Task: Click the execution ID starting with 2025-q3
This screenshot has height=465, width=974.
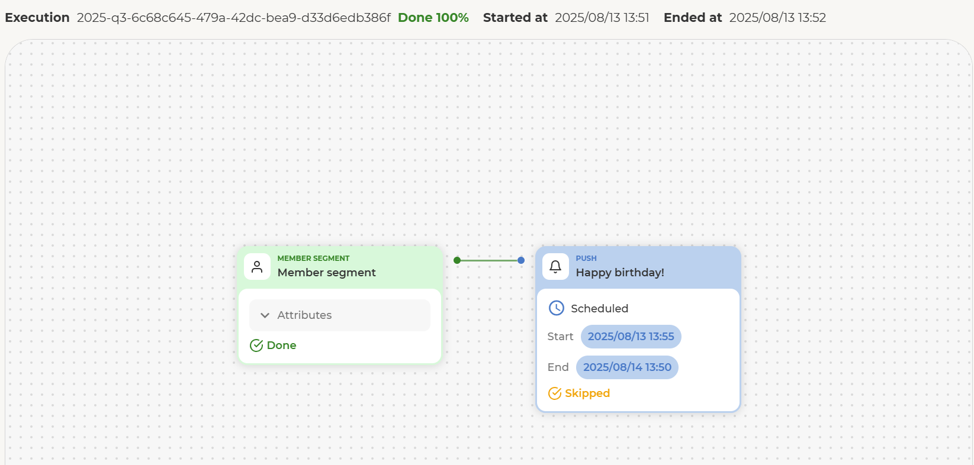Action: coord(233,18)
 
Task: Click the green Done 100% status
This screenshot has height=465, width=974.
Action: coord(433,18)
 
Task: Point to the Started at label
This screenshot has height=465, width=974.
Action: coord(515,18)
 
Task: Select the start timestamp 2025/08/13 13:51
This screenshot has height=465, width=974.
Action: coord(602,18)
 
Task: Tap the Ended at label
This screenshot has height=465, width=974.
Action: coord(692,18)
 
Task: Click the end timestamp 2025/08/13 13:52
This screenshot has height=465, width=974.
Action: coord(777,18)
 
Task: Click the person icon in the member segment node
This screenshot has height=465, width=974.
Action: coord(257,266)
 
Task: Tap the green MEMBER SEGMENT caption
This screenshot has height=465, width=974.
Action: coord(313,258)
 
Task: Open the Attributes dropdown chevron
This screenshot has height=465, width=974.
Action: coord(265,315)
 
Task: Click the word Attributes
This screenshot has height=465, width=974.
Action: coord(304,315)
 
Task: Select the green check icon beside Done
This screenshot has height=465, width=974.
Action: coord(256,345)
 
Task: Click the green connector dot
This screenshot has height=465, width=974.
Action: coord(457,260)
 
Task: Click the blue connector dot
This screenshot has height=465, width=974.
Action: coord(521,260)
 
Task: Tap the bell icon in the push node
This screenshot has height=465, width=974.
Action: coord(555,266)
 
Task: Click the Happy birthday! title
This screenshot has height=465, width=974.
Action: coord(619,273)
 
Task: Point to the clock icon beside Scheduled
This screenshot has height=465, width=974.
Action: coord(556,308)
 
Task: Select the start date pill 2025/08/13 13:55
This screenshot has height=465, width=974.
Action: coord(631,337)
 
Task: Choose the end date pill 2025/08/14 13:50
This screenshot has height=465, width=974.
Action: coord(627,367)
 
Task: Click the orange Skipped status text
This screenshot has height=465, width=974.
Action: coord(587,393)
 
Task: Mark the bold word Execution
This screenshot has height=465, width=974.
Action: coord(37,18)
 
